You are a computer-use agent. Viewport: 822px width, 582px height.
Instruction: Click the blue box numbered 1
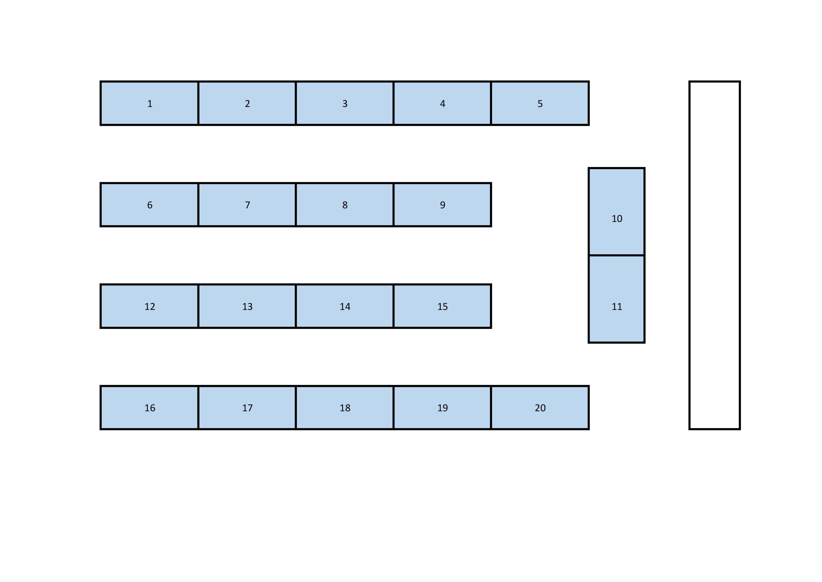(x=149, y=103)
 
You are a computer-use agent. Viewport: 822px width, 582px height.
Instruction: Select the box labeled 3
(x=345, y=103)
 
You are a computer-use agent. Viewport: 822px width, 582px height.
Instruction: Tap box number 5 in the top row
(x=540, y=103)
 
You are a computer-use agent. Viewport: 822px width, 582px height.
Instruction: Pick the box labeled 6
(x=149, y=205)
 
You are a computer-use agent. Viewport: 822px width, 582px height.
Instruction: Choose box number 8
(x=345, y=205)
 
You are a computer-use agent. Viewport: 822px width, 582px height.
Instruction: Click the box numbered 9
(x=442, y=205)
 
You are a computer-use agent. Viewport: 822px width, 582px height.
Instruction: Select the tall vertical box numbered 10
(x=616, y=211)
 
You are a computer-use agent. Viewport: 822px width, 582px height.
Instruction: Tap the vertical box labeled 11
(x=616, y=299)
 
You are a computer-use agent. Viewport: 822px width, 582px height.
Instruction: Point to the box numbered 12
(x=149, y=306)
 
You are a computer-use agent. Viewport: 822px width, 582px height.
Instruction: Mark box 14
(x=345, y=306)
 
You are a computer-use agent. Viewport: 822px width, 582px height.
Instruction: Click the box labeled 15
(x=442, y=306)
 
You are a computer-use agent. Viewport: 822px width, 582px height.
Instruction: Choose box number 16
(x=149, y=407)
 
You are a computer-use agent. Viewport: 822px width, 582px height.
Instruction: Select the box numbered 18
(x=345, y=407)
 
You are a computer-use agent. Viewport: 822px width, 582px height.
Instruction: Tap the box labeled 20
(x=540, y=407)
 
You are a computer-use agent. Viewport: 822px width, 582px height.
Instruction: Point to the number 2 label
(x=247, y=103)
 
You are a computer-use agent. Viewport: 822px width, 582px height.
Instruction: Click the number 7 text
(x=247, y=205)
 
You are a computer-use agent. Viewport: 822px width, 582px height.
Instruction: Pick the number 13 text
(x=247, y=306)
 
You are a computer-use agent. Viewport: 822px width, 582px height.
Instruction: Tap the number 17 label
(x=247, y=408)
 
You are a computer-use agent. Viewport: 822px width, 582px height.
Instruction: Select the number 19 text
(x=442, y=408)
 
